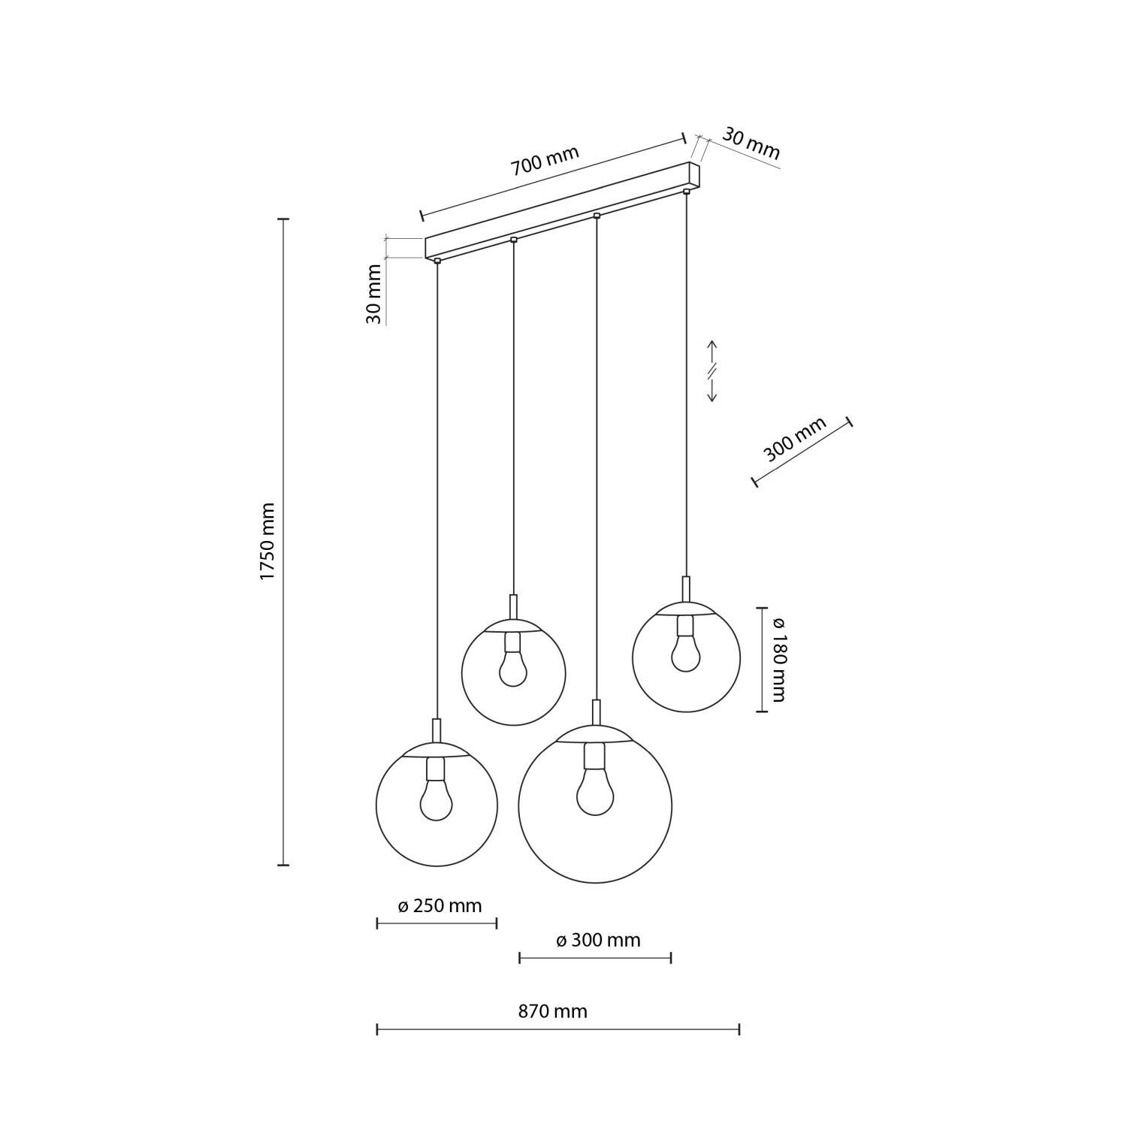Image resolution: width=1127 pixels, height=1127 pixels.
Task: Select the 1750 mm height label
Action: coord(269,541)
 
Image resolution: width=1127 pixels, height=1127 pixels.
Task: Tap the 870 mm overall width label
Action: coord(552,1011)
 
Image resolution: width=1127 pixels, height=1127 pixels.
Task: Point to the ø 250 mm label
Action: coord(440,905)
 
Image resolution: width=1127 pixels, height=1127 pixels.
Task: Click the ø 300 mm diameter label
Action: coord(598,940)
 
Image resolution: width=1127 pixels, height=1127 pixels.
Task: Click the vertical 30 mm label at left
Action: coord(374,295)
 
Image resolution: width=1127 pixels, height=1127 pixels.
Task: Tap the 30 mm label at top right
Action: coord(751,144)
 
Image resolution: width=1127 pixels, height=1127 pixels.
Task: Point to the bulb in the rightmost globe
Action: coord(686,654)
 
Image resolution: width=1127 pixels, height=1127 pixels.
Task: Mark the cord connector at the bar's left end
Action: coord(437,261)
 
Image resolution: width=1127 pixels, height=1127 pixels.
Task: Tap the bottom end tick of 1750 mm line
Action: coord(283,865)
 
